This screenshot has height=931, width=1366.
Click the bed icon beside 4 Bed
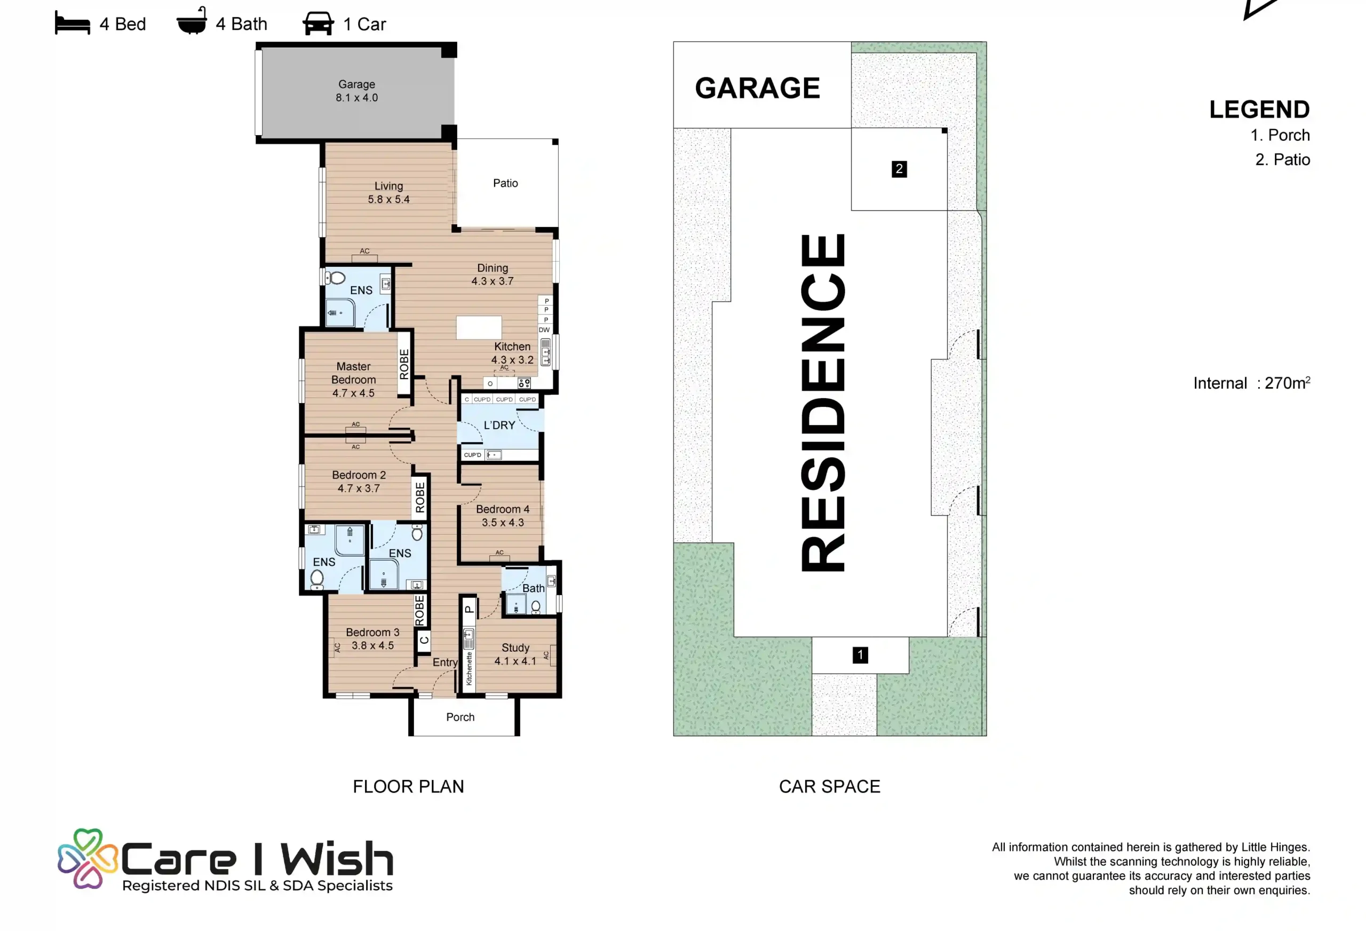point(72,24)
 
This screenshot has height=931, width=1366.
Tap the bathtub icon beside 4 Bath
point(192,21)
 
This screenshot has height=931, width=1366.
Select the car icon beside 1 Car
point(318,24)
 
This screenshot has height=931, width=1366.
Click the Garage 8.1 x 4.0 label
point(357,91)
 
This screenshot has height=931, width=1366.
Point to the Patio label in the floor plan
point(505,184)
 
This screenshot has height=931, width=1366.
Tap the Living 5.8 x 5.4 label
point(388,193)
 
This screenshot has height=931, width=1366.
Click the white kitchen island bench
point(479,327)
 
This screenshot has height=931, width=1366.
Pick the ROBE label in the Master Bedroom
point(404,364)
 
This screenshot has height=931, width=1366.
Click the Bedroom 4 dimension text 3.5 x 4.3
point(503,522)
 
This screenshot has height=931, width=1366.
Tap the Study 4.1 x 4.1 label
point(515,654)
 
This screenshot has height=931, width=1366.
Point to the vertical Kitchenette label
point(469,669)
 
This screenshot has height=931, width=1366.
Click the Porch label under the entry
point(460,717)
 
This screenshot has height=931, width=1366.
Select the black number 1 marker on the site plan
point(861,655)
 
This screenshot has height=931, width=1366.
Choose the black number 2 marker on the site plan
point(899,169)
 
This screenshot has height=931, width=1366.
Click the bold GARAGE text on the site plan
point(757,88)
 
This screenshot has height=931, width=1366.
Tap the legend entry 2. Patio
point(1283,160)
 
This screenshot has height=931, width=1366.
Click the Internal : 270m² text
point(1251,383)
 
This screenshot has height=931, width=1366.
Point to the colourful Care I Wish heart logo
point(88,858)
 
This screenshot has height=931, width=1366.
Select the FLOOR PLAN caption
point(409,787)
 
